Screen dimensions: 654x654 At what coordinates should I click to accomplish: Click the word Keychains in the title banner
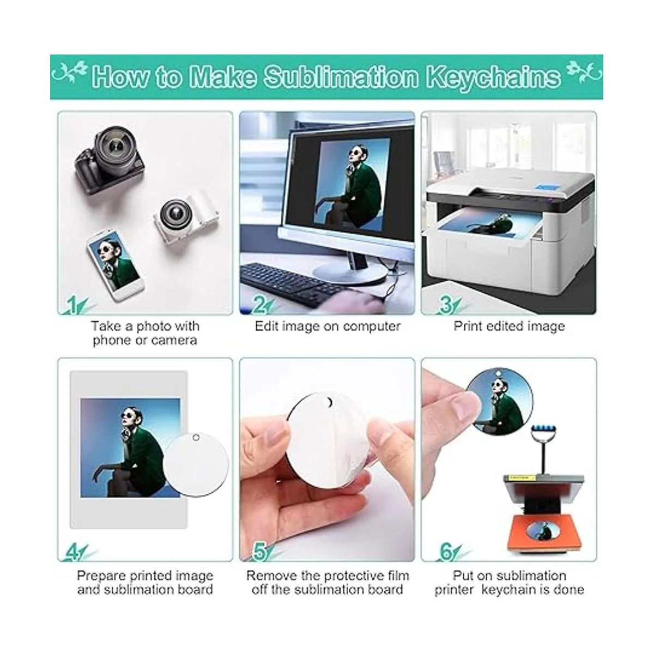[493, 77]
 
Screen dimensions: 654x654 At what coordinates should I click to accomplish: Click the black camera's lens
[119, 147]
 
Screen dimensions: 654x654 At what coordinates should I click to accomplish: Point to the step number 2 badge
[259, 305]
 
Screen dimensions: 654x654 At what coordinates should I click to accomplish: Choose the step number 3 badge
[446, 305]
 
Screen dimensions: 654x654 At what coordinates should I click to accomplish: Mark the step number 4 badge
[74, 552]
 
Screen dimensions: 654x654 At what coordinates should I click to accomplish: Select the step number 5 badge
[259, 552]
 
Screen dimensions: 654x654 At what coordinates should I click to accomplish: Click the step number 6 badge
[446, 552]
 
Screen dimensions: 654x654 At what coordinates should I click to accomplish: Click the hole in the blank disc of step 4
[196, 438]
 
